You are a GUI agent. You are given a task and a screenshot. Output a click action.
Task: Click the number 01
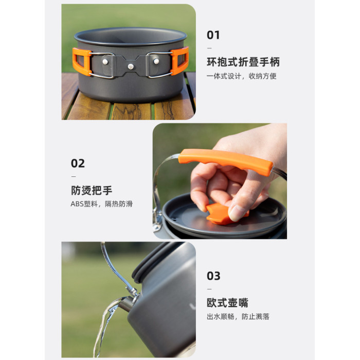pos(213,35)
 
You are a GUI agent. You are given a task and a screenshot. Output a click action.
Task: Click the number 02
pos(78,164)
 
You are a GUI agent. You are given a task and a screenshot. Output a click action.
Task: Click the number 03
pos(213,276)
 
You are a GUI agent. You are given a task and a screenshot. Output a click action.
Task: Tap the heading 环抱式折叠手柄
pos(243,62)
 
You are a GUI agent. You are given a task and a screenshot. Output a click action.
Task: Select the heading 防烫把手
pos(92,190)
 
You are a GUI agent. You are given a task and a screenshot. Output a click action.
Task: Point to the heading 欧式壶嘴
pos(227,302)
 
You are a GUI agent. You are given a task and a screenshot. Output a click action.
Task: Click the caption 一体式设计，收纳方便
pos(241,76)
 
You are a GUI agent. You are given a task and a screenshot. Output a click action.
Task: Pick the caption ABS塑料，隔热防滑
pos(101,204)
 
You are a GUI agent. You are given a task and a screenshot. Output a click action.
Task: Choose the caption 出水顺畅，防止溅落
pos(238,317)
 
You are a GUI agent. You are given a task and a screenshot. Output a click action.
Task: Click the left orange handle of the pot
pos(82,62)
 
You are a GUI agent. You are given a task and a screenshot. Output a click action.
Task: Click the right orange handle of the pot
pos(179,61)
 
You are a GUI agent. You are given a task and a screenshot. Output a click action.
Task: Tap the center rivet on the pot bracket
pos(131,66)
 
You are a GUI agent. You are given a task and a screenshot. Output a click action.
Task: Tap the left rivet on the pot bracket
pos(105,62)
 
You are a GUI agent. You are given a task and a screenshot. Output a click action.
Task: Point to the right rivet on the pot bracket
pos(156,61)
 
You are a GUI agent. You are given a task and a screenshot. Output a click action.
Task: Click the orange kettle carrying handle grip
pos(226,161)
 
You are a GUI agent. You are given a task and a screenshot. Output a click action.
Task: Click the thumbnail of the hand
pos(237,213)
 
